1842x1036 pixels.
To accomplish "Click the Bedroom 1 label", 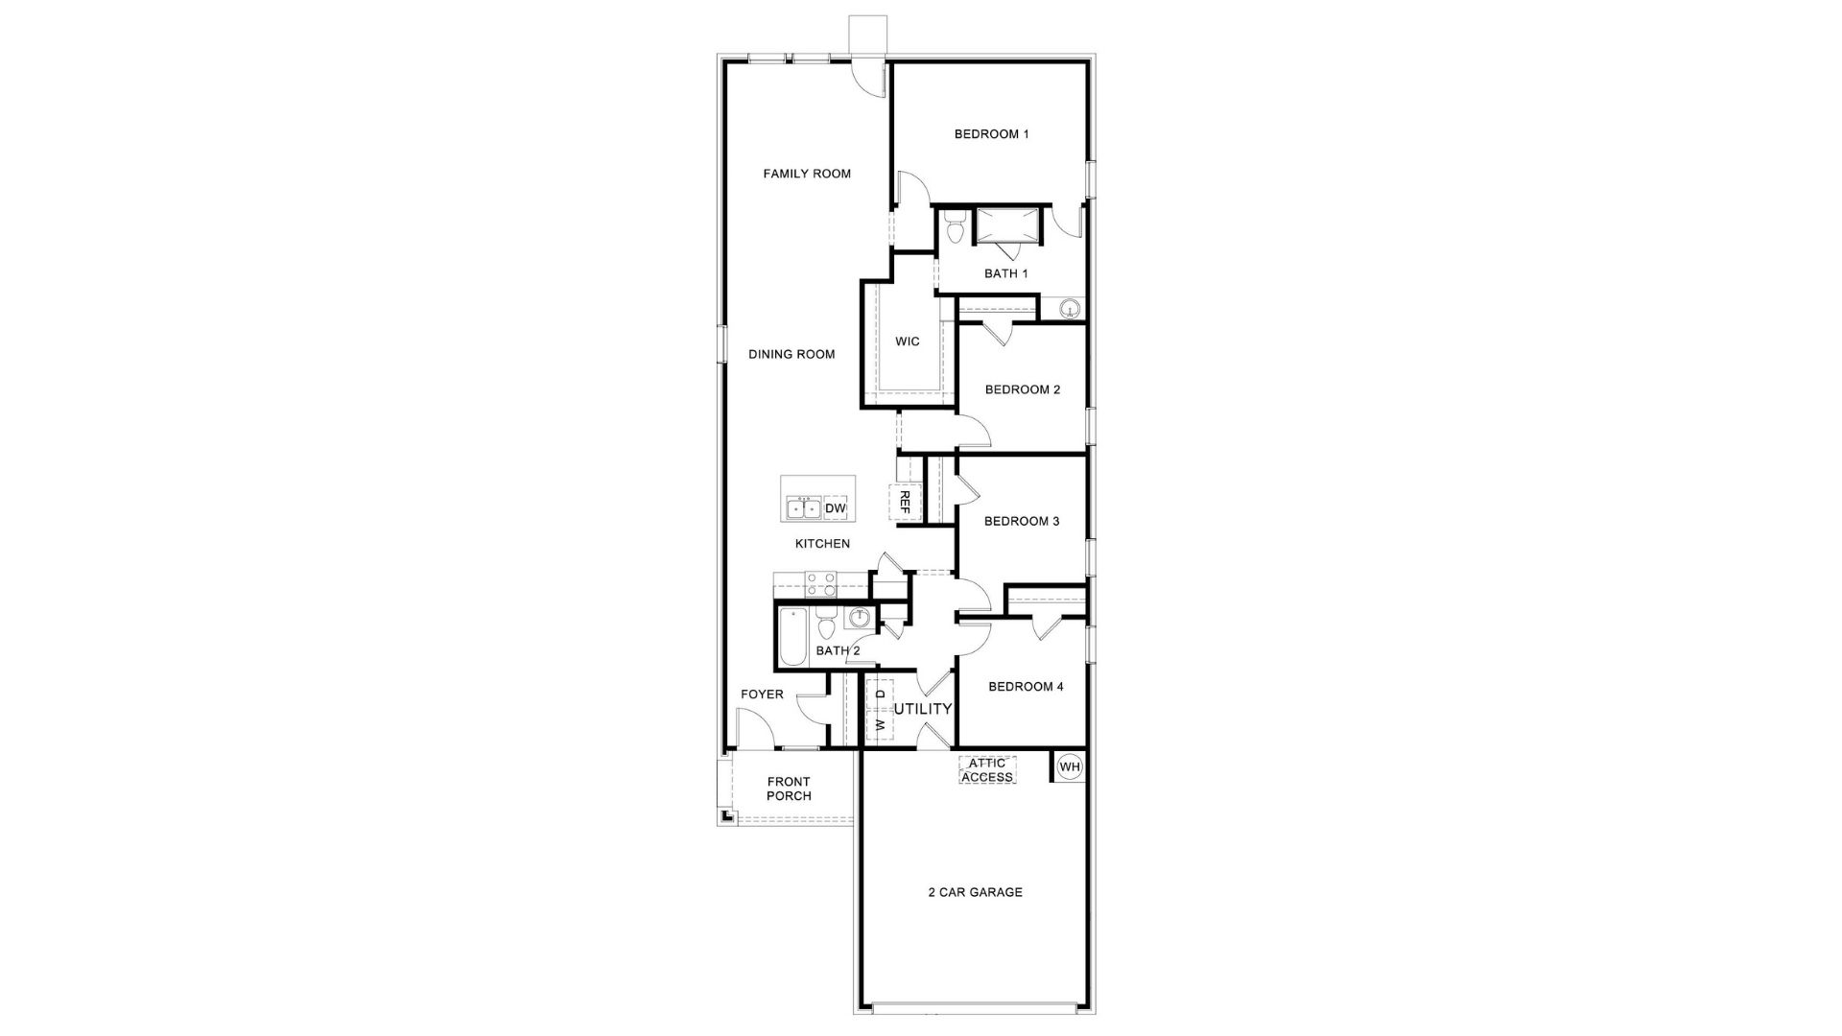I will (991, 134).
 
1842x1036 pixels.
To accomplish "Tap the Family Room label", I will (807, 174).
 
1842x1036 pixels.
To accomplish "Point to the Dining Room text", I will (791, 354).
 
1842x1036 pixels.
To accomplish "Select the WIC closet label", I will (907, 341).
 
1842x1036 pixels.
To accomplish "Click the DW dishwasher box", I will (836, 508).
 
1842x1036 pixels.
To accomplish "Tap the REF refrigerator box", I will (903, 501).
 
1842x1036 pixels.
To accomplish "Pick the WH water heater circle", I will (1070, 766).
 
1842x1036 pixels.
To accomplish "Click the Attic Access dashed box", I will (987, 769).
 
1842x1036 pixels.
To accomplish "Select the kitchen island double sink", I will (804, 508).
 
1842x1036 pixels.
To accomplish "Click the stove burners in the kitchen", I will (820, 584).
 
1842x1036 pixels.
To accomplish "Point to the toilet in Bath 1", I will (954, 230).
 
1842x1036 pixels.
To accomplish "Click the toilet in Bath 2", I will (826, 627).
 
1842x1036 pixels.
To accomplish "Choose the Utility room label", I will (923, 709).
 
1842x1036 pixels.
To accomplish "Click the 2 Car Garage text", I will (975, 892).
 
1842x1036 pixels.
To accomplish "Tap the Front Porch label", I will (789, 789).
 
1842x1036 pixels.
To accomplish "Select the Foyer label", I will (762, 695).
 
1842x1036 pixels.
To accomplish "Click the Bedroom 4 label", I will (1026, 687).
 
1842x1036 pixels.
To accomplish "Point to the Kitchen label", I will (822, 544).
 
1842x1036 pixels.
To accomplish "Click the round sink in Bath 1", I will (1070, 309).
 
